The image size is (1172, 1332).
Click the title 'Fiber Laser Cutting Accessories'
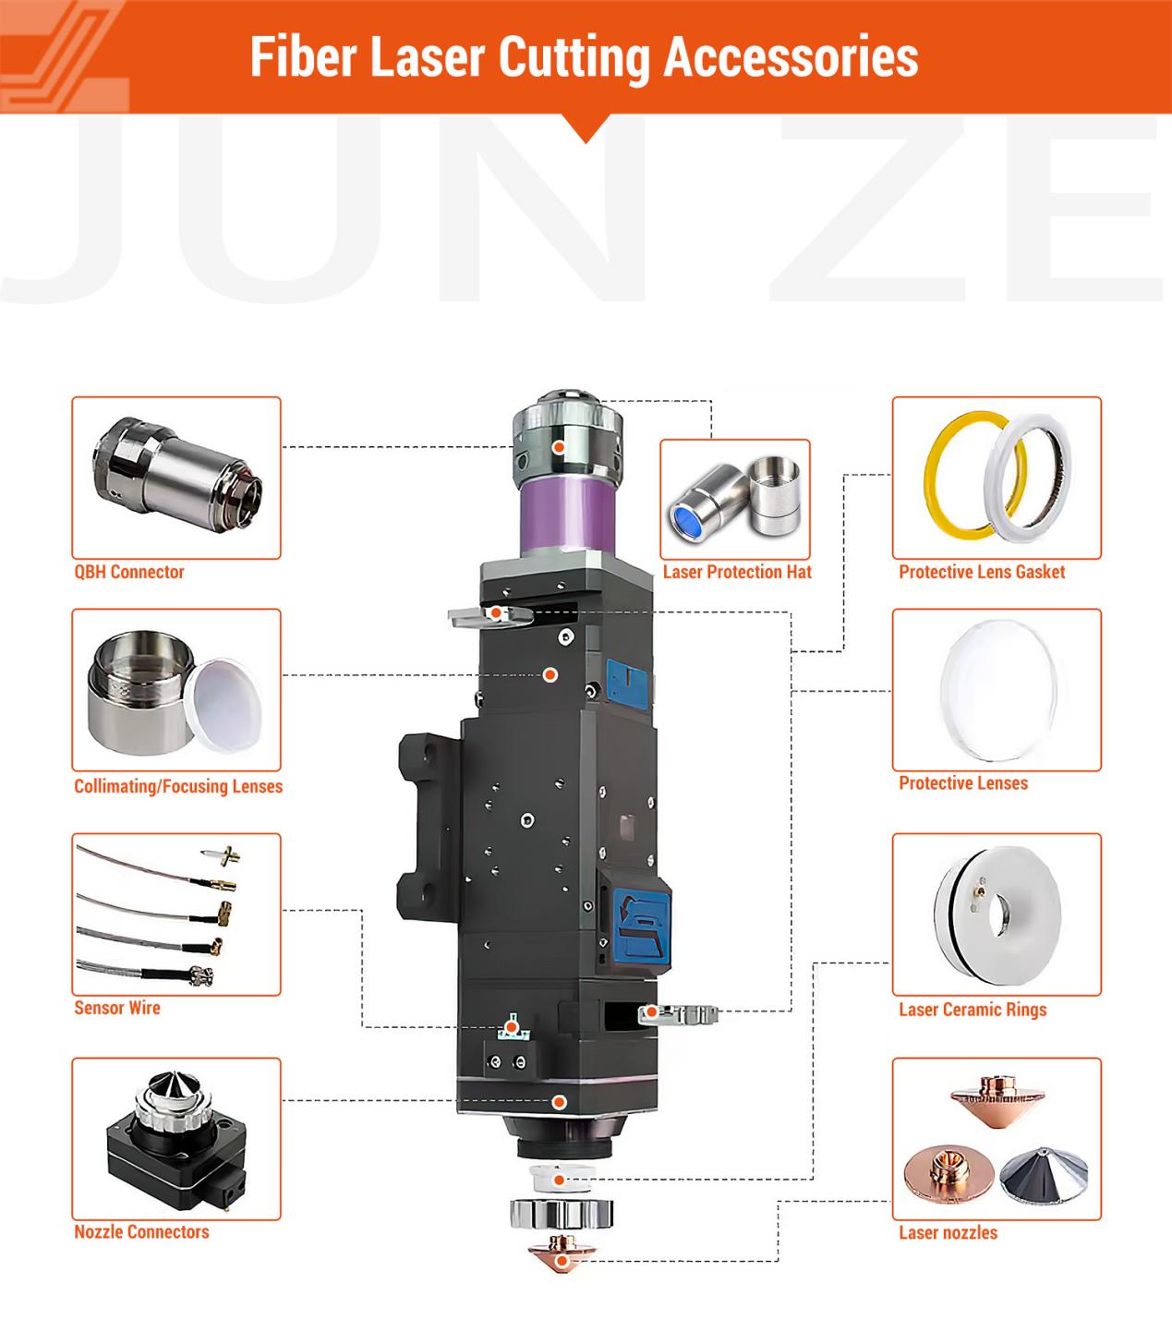point(584,58)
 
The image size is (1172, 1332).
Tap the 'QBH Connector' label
point(128,572)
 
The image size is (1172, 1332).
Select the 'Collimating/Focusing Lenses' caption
point(178,786)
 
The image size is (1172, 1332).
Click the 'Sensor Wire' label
point(117,1008)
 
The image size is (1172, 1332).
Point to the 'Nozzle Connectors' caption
point(141,1232)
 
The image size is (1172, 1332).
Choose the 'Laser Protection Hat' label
point(737,572)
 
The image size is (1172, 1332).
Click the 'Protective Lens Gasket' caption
point(982,572)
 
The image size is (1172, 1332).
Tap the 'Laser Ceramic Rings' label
point(973,1010)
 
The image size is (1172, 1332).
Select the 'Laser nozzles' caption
point(948,1233)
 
